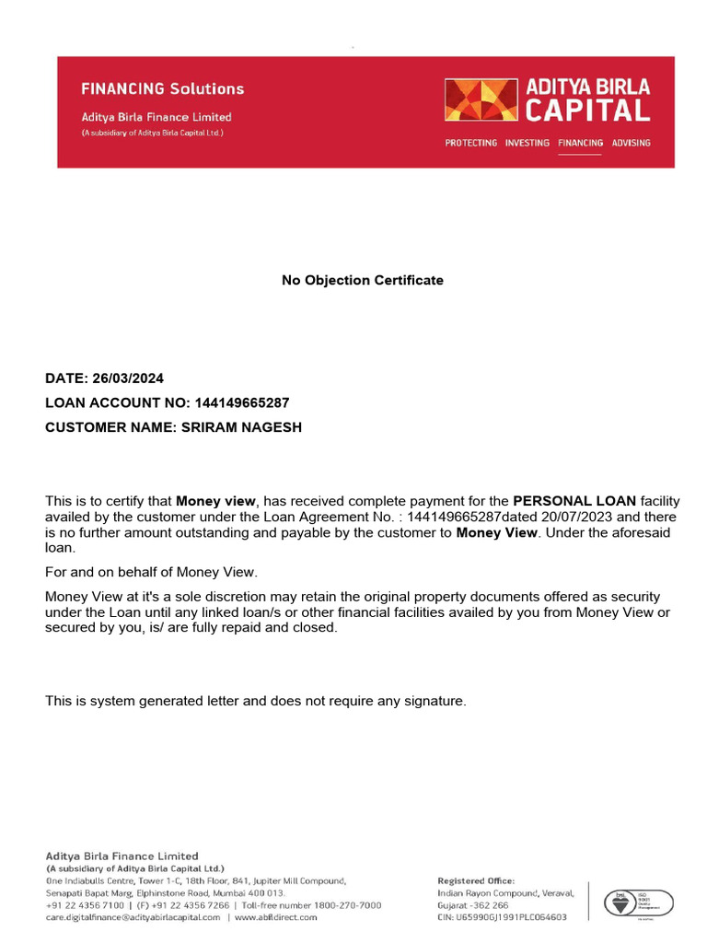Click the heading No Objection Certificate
(x=362, y=280)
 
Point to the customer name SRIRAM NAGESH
(x=239, y=427)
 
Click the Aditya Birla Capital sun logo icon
(x=481, y=99)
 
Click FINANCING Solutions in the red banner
(x=163, y=89)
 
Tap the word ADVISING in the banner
(x=631, y=143)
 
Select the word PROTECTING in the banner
(x=470, y=143)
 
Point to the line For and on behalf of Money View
(x=152, y=572)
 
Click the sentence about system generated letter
(x=256, y=701)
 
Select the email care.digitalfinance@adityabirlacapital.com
(x=133, y=917)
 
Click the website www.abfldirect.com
(x=275, y=917)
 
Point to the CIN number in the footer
(x=502, y=917)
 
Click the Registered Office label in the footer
(x=476, y=881)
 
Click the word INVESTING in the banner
(x=527, y=143)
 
